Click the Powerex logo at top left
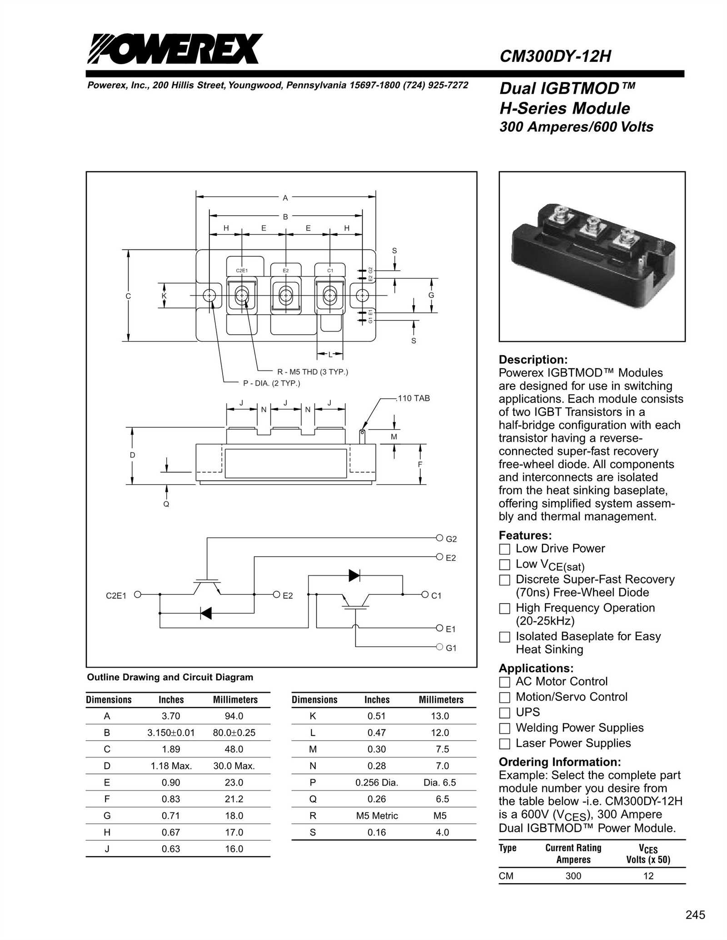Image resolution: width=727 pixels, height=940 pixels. [175, 49]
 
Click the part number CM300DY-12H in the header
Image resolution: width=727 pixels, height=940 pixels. [555, 56]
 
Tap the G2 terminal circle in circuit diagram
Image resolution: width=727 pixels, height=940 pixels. [439, 538]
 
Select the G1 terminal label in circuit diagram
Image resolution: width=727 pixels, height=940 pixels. [451, 648]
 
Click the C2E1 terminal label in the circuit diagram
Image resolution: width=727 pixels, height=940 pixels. [116, 595]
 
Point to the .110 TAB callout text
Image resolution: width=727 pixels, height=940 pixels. [413, 398]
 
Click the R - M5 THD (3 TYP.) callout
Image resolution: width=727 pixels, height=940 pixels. [313, 372]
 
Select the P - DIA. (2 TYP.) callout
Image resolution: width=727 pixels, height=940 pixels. [272, 383]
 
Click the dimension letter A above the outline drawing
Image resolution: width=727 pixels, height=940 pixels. [285, 198]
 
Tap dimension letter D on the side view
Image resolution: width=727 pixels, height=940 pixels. [132, 455]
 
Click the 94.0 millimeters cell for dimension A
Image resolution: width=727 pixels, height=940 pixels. [234, 716]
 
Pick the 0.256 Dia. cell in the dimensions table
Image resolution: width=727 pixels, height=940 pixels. [377, 782]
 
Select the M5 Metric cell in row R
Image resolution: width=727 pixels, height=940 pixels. [377, 816]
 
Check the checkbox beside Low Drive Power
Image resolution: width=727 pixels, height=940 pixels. [504, 549]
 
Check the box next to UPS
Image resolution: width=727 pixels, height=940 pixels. [504, 712]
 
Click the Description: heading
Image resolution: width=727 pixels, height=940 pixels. [533, 360]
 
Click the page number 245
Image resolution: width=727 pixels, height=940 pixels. [695, 915]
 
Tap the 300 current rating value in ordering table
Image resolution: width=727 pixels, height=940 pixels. [573, 876]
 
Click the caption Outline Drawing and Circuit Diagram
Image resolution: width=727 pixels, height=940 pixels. [170, 677]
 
